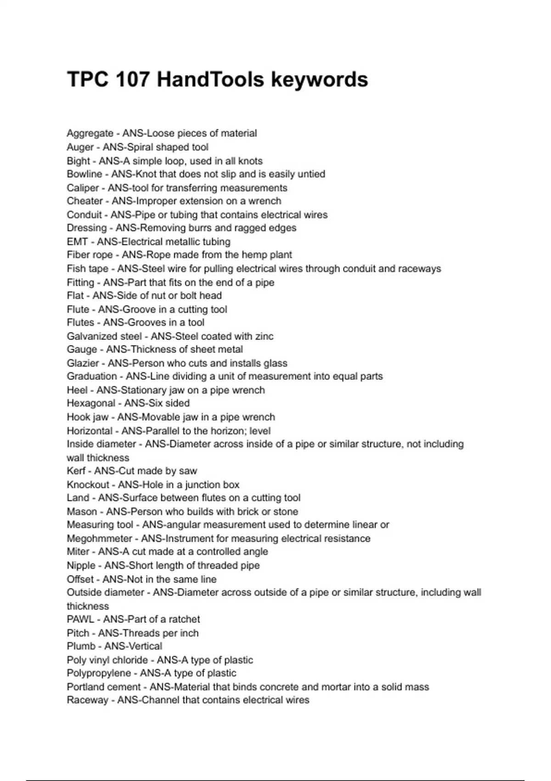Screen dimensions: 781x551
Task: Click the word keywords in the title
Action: (319, 79)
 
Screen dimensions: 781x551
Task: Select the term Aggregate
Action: (90, 133)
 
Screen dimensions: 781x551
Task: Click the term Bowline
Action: (84, 174)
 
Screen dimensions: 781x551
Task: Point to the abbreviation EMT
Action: (77, 242)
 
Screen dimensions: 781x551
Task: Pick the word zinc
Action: (264, 336)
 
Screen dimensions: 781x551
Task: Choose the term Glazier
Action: (83, 363)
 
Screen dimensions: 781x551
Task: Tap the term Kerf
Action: (76, 471)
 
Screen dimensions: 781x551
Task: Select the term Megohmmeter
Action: (99, 538)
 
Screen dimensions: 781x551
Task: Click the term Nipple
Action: (81, 566)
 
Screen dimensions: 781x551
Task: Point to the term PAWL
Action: (80, 619)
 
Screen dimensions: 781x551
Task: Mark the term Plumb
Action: (81, 646)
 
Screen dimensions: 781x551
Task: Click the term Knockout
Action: (88, 485)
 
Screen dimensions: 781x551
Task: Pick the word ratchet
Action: (184, 619)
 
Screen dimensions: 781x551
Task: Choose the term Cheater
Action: (85, 201)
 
